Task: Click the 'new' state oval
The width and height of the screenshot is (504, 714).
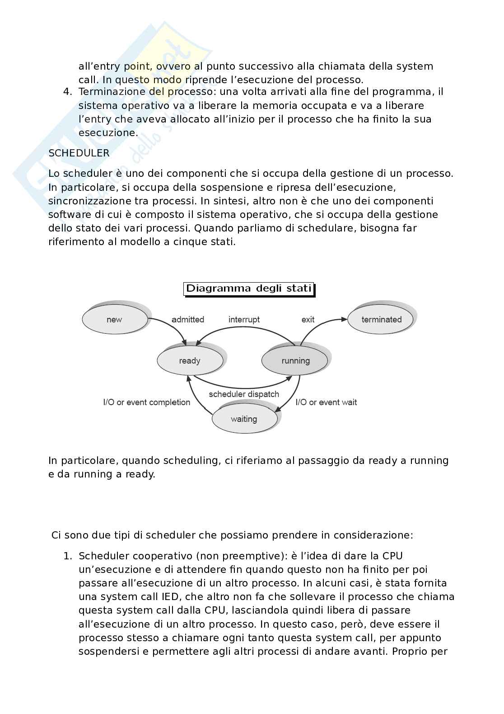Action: click(x=115, y=319)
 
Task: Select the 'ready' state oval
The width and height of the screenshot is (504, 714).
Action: click(x=190, y=360)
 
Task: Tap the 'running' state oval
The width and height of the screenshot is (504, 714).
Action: click(x=295, y=360)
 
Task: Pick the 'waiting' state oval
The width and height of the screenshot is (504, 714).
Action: click(x=244, y=419)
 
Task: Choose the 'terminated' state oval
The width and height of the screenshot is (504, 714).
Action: click(x=381, y=319)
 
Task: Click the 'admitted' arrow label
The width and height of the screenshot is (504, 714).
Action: click(x=188, y=319)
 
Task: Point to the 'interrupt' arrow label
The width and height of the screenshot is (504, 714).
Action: click(x=244, y=319)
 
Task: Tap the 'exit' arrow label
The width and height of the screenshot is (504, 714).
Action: click(x=308, y=319)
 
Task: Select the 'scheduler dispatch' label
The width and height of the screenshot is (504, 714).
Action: click(x=244, y=394)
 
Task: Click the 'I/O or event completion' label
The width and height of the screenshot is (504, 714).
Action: click(x=147, y=402)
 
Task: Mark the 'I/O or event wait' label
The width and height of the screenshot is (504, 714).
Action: click(x=326, y=402)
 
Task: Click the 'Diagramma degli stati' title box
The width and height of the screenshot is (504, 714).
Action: click(x=248, y=288)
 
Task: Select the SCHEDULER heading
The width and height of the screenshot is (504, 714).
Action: click(x=79, y=153)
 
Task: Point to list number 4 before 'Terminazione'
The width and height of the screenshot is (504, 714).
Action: click(x=67, y=92)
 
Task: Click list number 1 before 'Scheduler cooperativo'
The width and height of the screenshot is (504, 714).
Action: click(x=67, y=556)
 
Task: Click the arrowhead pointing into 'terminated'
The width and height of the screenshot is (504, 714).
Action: click(x=344, y=319)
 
